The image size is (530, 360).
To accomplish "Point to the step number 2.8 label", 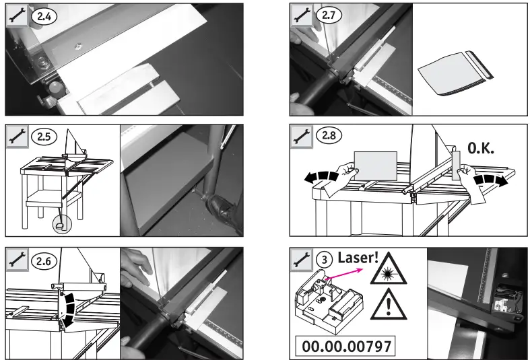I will coord(330,137).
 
